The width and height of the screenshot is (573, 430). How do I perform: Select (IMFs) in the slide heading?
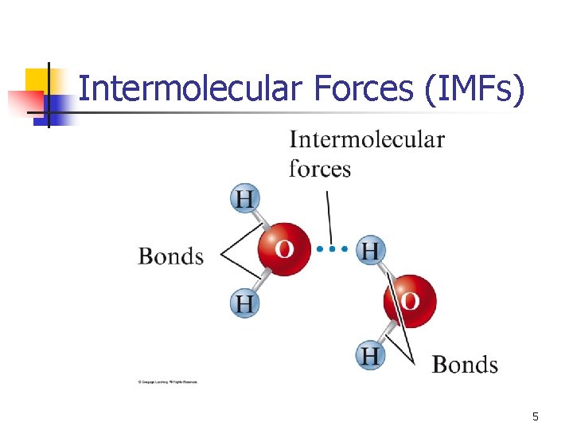pos(476,89)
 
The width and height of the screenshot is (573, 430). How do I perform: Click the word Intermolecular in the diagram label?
pos(367,140)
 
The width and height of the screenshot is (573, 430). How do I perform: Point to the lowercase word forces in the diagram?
pos(319,169)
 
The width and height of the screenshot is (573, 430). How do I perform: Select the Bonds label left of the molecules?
pos(170,256)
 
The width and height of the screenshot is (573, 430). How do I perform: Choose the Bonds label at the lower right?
pos(465,365)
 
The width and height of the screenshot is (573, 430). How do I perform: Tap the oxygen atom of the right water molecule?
pos(410,301)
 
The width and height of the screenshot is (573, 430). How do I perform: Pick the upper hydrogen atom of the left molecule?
pos(244,198)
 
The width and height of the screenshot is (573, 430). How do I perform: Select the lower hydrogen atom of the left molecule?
pos(244,303)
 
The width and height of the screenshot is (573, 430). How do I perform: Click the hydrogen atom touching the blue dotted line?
pos(369,251)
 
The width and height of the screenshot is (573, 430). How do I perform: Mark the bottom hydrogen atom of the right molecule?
pos(370,354)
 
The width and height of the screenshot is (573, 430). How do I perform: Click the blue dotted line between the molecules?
pos(332,249)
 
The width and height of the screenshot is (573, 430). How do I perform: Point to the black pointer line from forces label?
pos(327,211)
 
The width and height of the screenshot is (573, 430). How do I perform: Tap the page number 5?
pos(535,416)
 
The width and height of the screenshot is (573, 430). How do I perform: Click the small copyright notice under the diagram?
pos(168,382)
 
